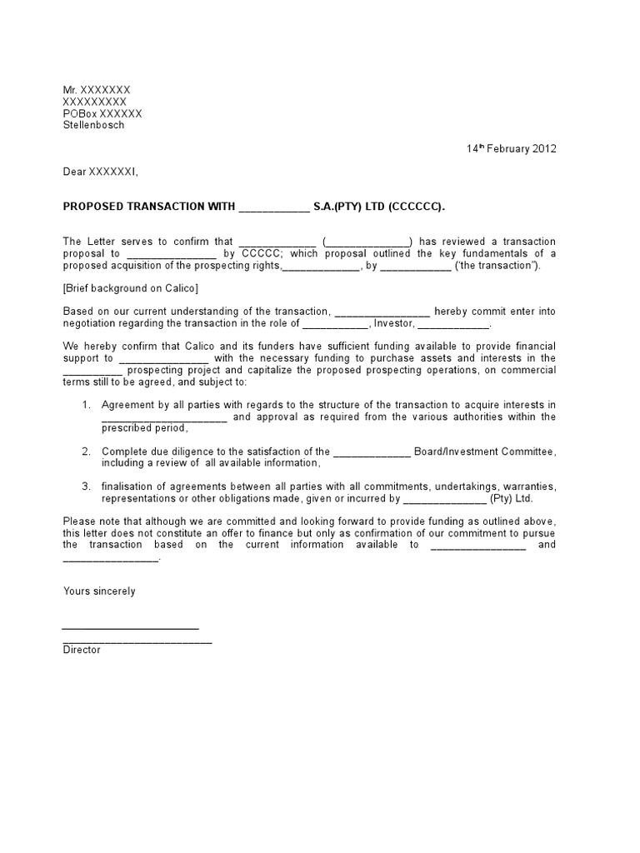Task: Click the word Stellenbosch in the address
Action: [93, 125]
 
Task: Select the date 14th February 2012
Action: [511, 149]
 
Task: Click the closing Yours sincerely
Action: [99, 591]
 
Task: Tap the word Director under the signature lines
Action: [82, 650]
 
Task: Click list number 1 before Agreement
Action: [86, 405]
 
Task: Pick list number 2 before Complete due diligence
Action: [86, 451]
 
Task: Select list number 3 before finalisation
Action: [86, 486]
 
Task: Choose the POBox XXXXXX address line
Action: [102, 113]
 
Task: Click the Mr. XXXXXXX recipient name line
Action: [97, 90]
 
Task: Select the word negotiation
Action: [91, 323]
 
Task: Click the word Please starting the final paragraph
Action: [80, 521]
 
